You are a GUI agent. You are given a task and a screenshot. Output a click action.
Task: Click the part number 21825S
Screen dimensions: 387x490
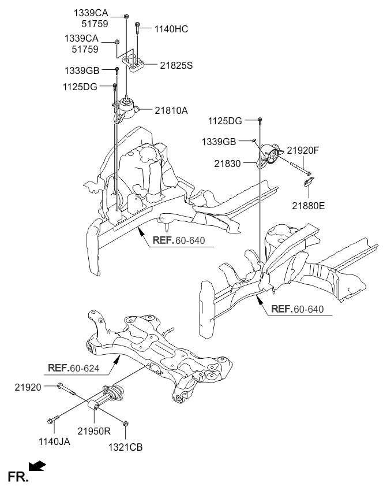pos(176,65)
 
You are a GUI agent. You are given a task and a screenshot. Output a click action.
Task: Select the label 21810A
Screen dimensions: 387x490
pos(171,110)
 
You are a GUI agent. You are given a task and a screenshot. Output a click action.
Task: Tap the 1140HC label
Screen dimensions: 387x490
pos(171,29)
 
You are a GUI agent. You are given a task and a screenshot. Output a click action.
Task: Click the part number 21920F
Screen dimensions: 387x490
pos(303,150)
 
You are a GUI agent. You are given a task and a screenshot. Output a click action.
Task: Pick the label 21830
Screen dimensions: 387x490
pos(227,164)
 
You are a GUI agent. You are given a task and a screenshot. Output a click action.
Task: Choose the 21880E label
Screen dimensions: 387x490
pos(308,206)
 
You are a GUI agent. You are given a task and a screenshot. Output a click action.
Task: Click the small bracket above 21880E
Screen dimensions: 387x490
pos(309,181)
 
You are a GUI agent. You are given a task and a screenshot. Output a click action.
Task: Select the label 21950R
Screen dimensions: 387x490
pos(94,431)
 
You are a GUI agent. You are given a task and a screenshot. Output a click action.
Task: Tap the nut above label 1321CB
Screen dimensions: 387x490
pos(126,424)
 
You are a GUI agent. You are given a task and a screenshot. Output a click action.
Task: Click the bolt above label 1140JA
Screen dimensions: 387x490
pos(53,420)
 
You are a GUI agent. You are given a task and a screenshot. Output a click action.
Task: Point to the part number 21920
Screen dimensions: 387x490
pos(28,388)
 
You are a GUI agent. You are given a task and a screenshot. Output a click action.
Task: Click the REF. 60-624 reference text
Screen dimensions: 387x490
pos(74,368)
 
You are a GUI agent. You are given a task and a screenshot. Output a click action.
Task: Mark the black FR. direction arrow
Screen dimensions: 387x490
pos(37,466)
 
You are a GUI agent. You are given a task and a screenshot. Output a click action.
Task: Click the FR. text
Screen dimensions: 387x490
pos(18,477)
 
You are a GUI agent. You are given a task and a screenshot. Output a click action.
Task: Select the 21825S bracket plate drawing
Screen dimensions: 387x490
pos(133,63)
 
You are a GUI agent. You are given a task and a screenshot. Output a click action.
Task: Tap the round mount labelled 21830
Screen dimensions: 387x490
pos(269,155)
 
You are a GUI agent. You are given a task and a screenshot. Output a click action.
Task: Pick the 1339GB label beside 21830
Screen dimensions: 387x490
pos(219,142)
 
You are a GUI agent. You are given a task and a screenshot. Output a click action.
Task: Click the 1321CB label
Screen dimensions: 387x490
pos(125,447)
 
